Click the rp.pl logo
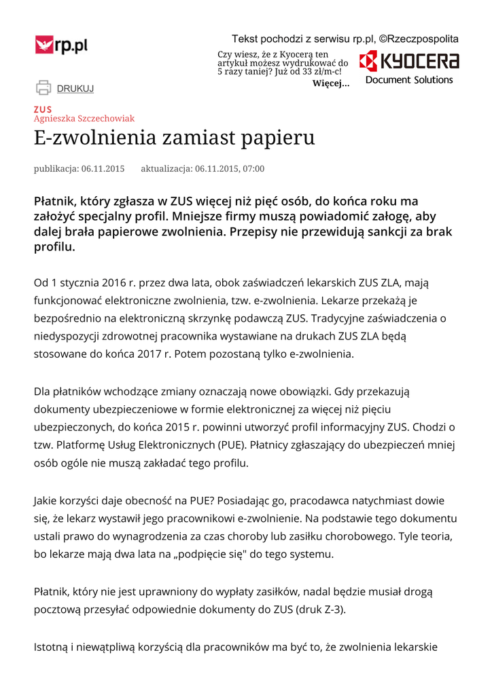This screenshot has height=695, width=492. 62,45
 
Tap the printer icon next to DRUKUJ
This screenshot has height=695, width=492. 43,88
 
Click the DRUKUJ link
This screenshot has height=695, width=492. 75,88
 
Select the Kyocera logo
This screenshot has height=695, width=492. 409,62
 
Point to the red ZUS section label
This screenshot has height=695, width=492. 43,109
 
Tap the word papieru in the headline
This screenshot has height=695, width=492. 277,138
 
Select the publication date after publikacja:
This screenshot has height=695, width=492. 103,169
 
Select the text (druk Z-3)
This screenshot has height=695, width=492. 320,609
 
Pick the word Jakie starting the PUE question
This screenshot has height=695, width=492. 47,501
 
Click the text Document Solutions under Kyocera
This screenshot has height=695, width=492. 409,80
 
